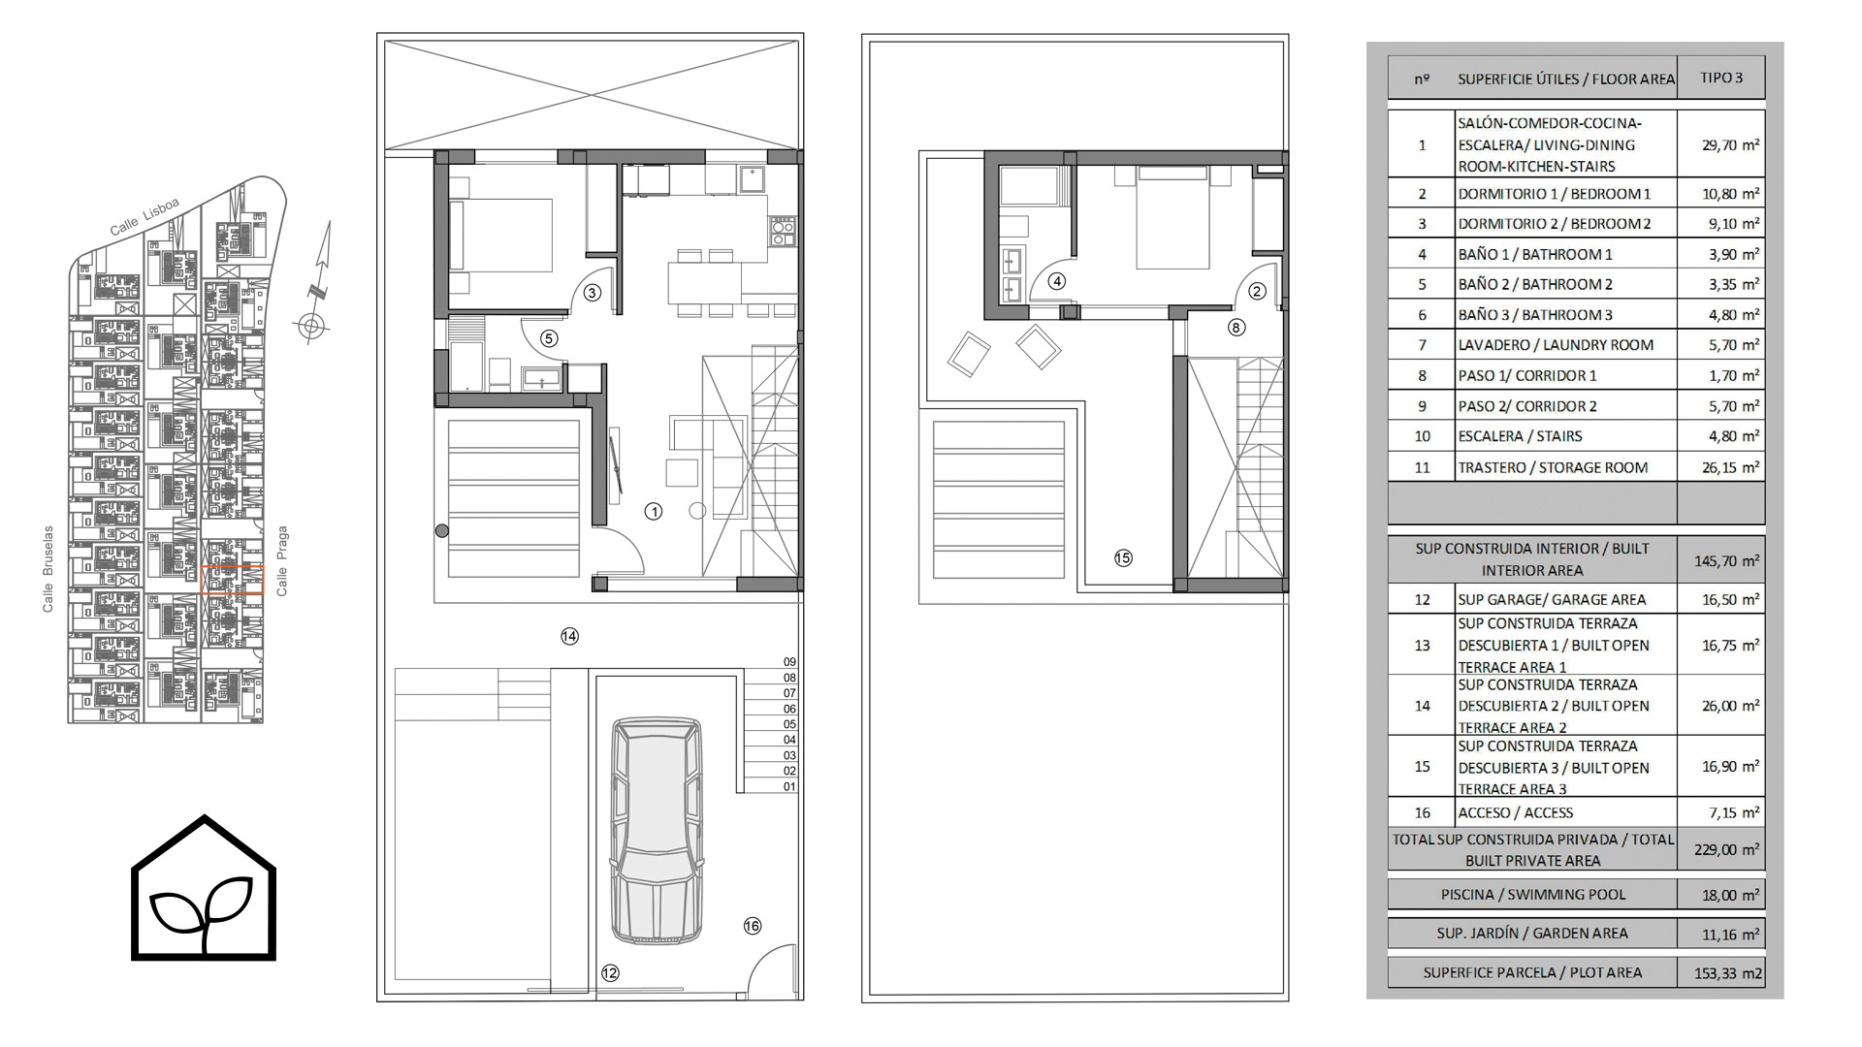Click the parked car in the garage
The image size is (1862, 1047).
click(657, 829)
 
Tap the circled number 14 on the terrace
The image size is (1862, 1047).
click(569, 636)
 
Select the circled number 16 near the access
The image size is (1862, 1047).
click(753, 926)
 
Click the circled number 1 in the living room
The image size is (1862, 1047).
click(654, 511)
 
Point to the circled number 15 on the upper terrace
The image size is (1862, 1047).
click(1123, 557)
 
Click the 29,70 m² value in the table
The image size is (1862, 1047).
click(1730, 144)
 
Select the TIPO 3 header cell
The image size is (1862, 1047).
click(1721, 78)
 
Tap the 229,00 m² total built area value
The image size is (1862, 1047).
click(1730, 849)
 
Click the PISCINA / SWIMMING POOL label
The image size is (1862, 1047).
click(1533, 895)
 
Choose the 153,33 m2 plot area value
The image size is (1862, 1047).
click(1728, 973)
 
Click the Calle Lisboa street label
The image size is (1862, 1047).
click(144, 217)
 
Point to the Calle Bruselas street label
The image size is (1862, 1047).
click(48, 570)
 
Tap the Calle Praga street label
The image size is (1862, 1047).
click(282, 561)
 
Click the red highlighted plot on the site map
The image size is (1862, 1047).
click(233, 580)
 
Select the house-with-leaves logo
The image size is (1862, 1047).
click(204, 888)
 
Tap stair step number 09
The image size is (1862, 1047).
click(789, 662)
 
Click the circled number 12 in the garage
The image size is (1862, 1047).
click(609, 973)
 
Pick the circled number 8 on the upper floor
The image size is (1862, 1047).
click(1236, 328)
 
